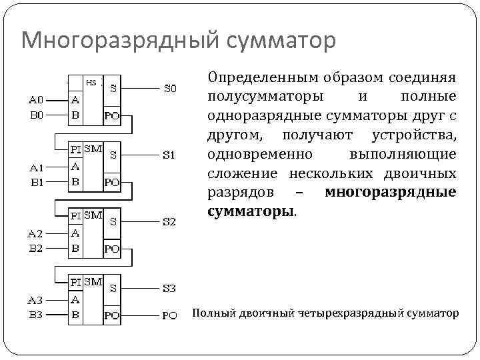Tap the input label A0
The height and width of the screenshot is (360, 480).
[35, 101]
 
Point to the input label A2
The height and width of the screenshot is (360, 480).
[35, 233]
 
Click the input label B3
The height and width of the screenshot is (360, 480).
[35, 314]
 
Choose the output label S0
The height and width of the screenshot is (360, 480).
[171, 87]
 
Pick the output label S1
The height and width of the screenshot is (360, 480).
[169, 155]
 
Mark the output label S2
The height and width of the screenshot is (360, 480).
[170, 221]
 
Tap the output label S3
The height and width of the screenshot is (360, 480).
[170, 289]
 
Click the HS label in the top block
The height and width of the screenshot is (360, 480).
[91, 83]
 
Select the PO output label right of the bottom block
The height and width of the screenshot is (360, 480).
[170, 315]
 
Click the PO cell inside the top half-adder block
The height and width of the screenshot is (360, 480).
[112, 115]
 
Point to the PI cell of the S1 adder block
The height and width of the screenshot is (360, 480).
[77, 149]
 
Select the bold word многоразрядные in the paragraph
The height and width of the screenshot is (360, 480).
[391, 193]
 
